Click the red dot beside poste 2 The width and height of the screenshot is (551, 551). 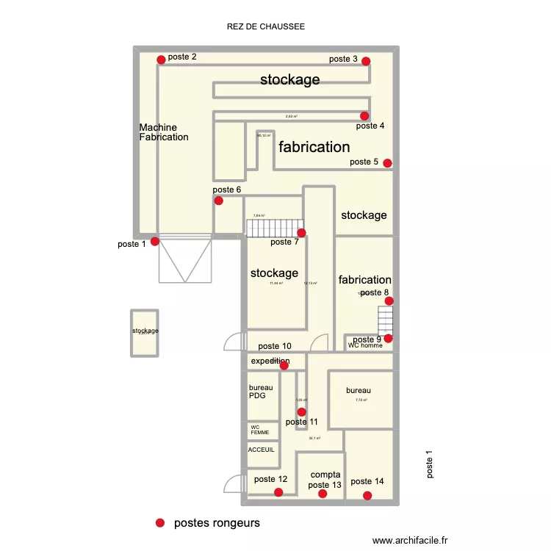161,60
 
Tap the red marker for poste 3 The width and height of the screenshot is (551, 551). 366,62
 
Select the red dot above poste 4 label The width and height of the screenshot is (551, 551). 364,116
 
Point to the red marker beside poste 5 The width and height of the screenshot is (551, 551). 387,163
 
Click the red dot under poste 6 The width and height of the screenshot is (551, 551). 218,201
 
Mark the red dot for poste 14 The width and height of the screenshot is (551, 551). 367,496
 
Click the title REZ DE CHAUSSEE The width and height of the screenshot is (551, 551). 266,26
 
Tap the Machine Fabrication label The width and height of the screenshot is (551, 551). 164,132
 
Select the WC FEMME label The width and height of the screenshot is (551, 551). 260,430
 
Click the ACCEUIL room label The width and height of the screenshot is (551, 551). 262,450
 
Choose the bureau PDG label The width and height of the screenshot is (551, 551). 261,392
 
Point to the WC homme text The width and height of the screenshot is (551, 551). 365,345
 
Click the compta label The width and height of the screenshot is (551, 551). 325,475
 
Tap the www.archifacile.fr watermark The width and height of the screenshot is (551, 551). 410,540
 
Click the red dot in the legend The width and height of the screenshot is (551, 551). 159,523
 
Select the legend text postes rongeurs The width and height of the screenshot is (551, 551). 217,524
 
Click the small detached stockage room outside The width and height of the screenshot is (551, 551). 145,332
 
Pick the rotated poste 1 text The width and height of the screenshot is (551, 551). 430,464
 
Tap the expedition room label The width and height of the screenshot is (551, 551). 270,361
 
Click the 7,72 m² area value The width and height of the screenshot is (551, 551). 361,400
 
